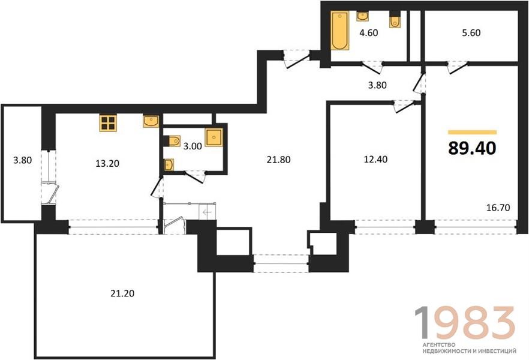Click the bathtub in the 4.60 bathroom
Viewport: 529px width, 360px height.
pos(339,31)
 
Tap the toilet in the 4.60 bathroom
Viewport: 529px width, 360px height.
pos(395,20)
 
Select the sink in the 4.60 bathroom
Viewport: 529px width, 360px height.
pos(362,16)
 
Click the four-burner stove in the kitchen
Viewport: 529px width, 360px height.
pos(108,123)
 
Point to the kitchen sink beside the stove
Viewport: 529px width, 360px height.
pos(151,121)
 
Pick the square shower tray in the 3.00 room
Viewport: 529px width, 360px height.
pos(214,137)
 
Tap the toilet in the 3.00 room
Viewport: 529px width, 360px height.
pos(172,140)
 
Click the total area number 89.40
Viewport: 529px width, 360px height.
pos(472,148)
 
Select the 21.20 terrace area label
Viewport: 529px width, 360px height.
pos(122,293)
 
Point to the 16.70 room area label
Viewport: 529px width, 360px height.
pos(498,208)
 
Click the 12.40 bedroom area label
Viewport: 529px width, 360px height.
pos(375,159)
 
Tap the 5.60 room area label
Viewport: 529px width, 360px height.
pos(471,33)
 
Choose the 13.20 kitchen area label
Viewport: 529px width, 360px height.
pos(107,164)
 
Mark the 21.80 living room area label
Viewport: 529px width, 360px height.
pos(278,160)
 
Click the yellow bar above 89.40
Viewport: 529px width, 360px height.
pos(473,132)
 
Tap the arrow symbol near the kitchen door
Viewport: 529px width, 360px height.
pos(207,212)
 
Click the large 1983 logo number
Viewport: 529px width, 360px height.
pos(465,322)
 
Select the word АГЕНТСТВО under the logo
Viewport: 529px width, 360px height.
pos(438,345)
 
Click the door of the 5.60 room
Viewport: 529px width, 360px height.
pos(458,67)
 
